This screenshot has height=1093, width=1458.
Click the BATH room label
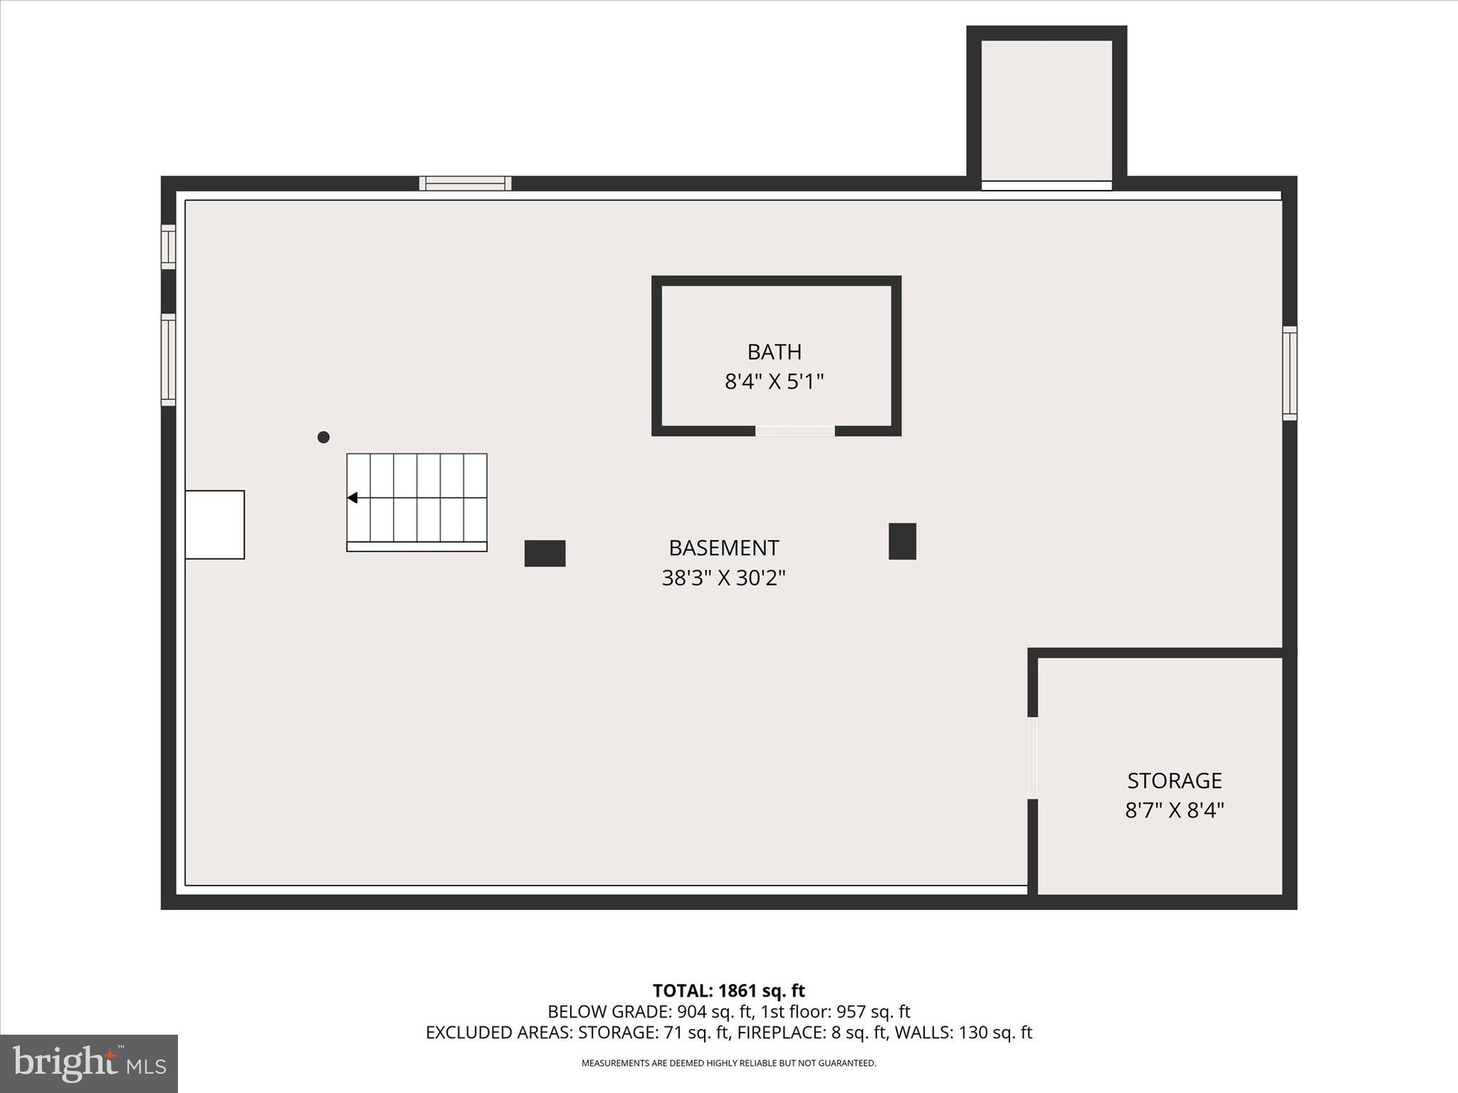[774, 352]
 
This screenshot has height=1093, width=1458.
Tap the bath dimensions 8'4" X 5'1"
[774, 382]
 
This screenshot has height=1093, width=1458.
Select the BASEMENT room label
[723, 548]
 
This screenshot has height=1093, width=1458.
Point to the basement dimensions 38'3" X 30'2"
[723, 578]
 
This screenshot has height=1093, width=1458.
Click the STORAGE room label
[1174, 781]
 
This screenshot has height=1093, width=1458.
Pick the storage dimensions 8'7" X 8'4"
[1174, 810]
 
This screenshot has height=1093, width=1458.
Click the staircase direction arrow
[352, 497]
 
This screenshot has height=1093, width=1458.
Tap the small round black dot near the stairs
[323, 437]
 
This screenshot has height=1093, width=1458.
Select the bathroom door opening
[794, 431]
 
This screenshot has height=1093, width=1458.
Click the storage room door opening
[1032, 758]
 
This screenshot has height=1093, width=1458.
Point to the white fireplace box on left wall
[214, 524]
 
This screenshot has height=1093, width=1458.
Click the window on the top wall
[465, 184]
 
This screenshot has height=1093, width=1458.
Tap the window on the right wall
[1289, 373]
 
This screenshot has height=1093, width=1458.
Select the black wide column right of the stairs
[545, 553]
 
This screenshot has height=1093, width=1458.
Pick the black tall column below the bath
[902, 541]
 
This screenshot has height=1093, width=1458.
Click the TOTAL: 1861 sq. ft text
[728, 991]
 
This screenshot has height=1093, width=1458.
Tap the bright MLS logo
[89, 1063]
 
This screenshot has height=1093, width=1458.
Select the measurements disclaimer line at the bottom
[728, 1063]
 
